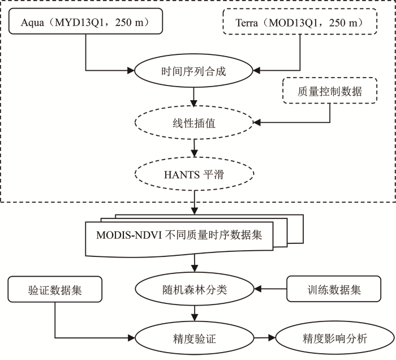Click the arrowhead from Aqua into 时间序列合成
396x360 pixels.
pyautogui.click(x=131, y=71)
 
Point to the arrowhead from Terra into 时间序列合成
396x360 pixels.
pyautogui.click(x=257, y=71)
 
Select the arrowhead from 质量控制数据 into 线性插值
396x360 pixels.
pyautogui.click(x=257, y=122)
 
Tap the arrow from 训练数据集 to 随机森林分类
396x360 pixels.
pyautogui.click(x=270, y=289)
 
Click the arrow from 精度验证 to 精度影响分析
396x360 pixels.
pyautogui.click(x=265, y=338)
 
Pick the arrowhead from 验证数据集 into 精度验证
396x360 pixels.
pyautogui.click(x=131, y=338)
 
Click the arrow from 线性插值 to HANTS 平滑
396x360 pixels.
pyautogui.click(x=194, y=148)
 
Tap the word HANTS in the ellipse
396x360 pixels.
pyautogui.click(x=182, y=174)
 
